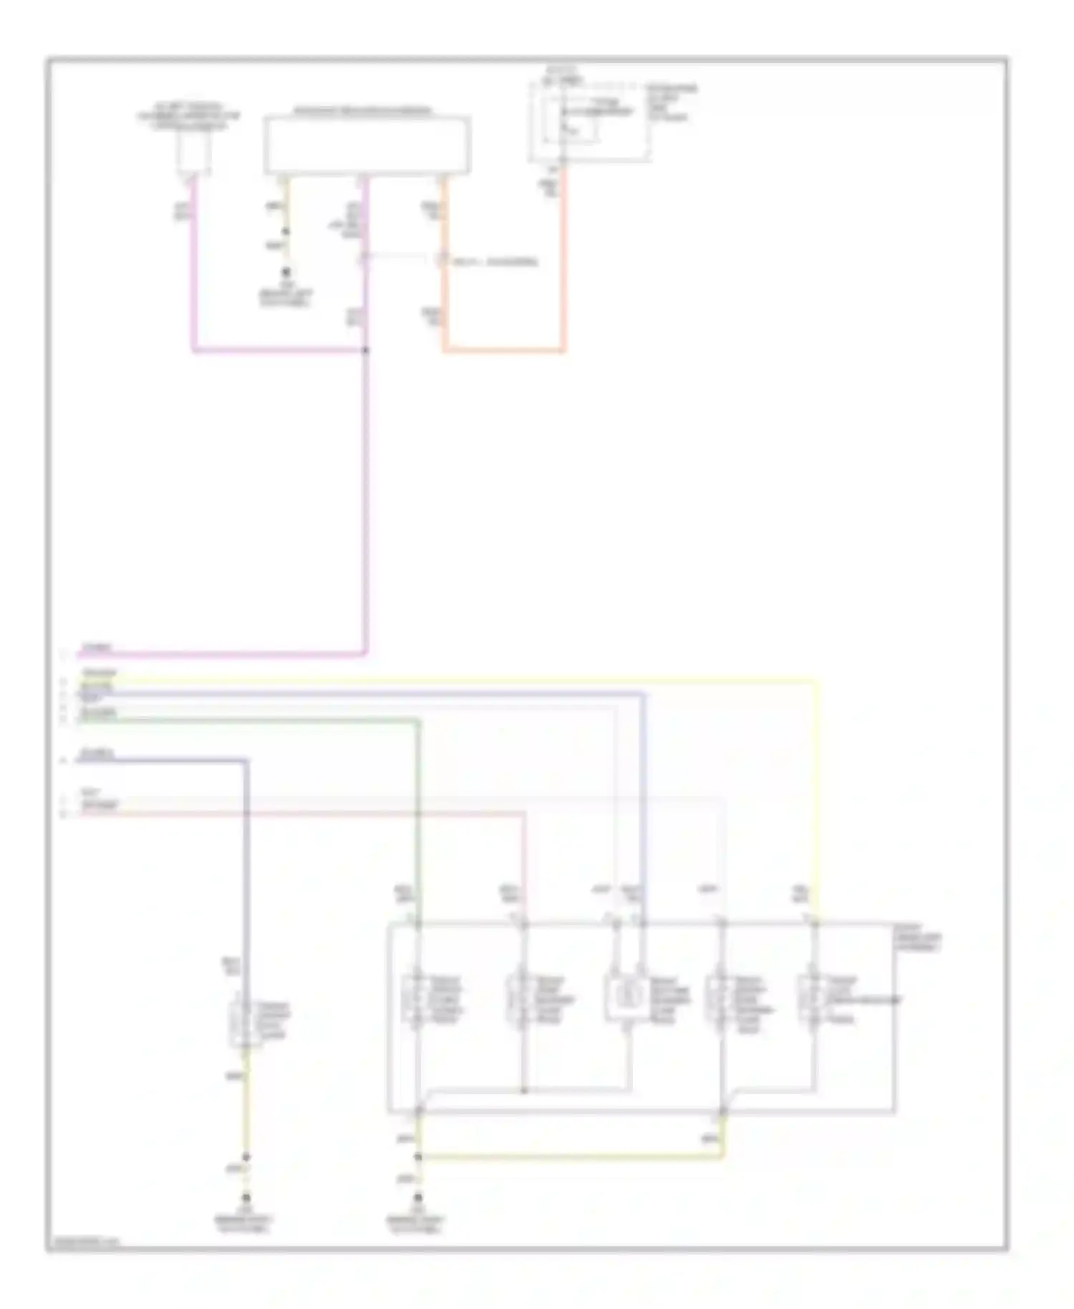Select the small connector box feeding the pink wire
193,153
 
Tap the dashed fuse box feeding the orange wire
589,122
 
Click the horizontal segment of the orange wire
503,350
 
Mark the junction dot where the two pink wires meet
366,350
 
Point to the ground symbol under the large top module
286,273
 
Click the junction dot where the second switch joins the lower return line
523,1091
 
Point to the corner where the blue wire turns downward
642,694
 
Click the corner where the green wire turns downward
418,722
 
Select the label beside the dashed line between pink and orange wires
494,261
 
